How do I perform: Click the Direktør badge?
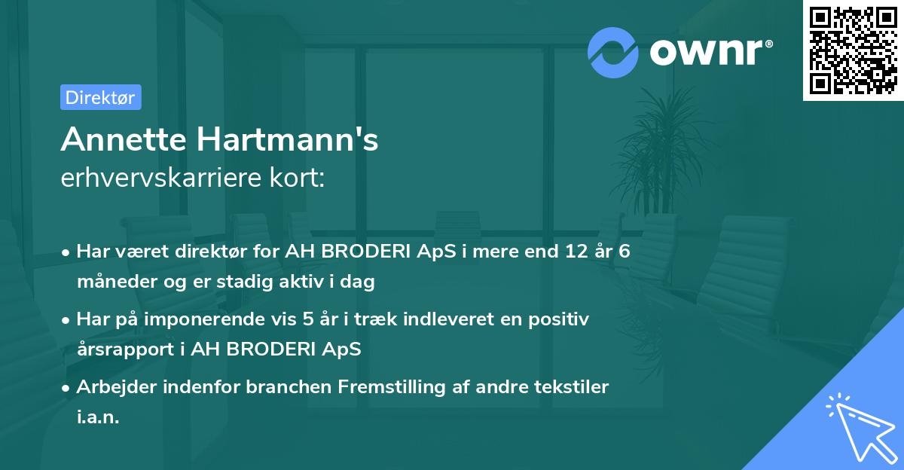100,97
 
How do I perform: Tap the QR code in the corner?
852,50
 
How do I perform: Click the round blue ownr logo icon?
613,51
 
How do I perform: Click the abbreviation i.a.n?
98,417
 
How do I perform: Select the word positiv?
561,319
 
